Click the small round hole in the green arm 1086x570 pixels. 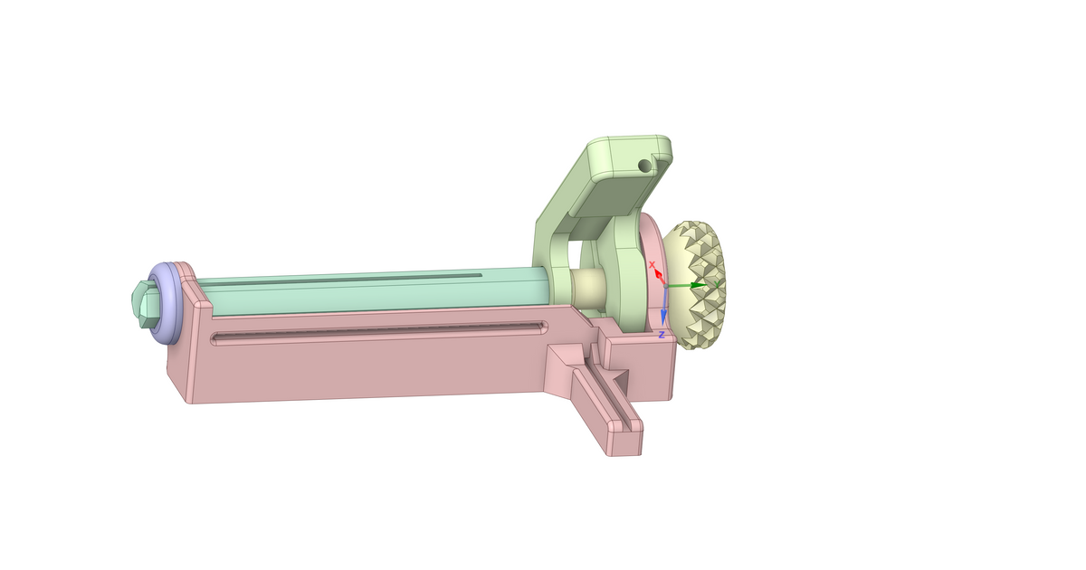(643, 166)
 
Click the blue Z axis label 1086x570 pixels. (662, 335)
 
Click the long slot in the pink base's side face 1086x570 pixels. (380, 332)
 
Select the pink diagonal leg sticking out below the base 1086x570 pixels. (602, 398)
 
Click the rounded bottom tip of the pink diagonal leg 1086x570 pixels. (624, 445)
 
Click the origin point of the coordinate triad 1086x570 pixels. (664, 286)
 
